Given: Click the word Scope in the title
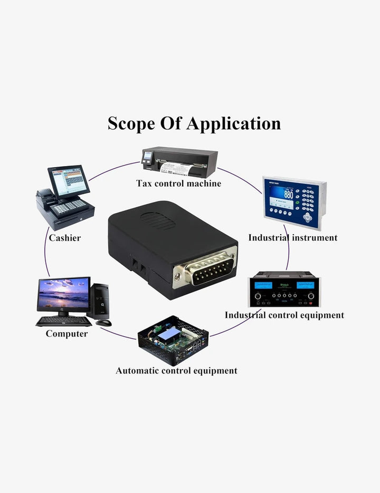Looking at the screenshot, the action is coord(131,123).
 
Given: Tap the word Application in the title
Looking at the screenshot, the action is coord(233,123).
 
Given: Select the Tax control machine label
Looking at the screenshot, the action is coord(178,183).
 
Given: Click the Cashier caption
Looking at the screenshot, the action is coord(65,238).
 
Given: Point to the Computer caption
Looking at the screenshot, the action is coord(66,334).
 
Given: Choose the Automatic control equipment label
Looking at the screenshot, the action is coord(177,371).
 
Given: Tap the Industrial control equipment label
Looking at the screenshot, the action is coord(284,315).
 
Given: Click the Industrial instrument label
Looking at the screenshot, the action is coord(293,238).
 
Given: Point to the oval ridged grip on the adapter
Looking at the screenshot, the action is coord(157,220).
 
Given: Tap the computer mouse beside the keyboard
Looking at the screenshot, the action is coord(103,323).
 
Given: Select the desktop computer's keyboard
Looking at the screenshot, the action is coord(64,321).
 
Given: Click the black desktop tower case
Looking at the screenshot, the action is coord(99,301).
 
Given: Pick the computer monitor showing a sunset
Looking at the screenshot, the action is coord(63,296).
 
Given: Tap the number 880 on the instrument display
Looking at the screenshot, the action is coord(288,195).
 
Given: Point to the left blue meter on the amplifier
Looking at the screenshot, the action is coord(263,286).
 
